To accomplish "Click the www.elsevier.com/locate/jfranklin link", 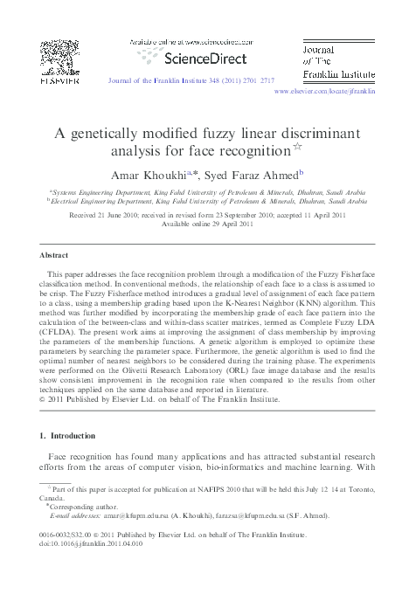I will tap(324, 91).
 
